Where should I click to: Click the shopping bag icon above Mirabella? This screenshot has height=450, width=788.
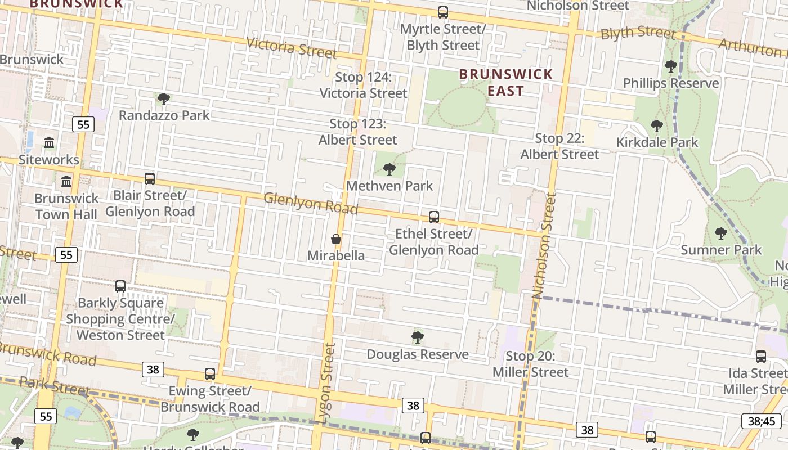coord(336,239)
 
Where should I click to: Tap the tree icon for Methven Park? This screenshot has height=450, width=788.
coord(389,169)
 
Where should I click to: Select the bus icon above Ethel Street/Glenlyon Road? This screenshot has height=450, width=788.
coord(433,217)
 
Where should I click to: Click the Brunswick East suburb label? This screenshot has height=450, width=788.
coord(505,82)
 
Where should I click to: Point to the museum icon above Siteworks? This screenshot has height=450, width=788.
coord(49,143)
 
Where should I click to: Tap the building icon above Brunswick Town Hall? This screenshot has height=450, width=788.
coord(66,181)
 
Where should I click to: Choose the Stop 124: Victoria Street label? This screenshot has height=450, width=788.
coord(363,85)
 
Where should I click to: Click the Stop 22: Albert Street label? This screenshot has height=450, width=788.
coord(559,146)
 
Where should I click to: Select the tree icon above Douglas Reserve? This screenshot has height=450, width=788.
coord(417,337)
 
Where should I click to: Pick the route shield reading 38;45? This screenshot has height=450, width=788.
coord(762,421)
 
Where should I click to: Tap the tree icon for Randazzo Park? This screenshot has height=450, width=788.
coord(164,99)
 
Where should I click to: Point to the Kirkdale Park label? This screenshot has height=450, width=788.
coord(657,142)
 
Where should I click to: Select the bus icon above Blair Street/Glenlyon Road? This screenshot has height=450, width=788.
coord(149,179)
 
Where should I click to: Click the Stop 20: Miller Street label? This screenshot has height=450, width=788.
coord(530,364)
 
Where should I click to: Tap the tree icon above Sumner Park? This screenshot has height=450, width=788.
coord(720,233)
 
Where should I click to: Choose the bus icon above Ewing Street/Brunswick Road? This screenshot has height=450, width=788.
coord(210,373)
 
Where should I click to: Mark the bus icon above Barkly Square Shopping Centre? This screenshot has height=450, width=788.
coord(120,286)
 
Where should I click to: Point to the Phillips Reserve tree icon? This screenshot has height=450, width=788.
coord(670,66)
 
